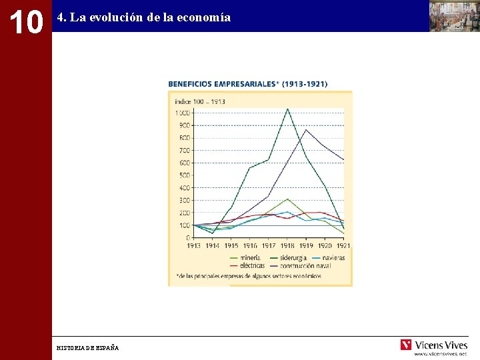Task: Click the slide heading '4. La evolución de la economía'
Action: tap(144, 18)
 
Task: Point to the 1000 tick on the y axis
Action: tap(181, 113)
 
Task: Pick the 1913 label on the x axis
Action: tap(193, 246)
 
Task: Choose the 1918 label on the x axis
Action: tap(287, 246)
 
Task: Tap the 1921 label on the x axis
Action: tap(343, 246)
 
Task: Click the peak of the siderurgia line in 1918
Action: tap(287, 109)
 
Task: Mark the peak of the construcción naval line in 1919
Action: tap(306, 129)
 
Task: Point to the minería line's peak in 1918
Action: tap(287, 199)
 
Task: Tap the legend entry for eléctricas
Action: tap(249, 265)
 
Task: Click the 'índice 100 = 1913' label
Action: tap(200, 102)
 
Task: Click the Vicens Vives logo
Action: tap(434, 345)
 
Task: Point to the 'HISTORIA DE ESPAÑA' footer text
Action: tap(88, 348)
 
